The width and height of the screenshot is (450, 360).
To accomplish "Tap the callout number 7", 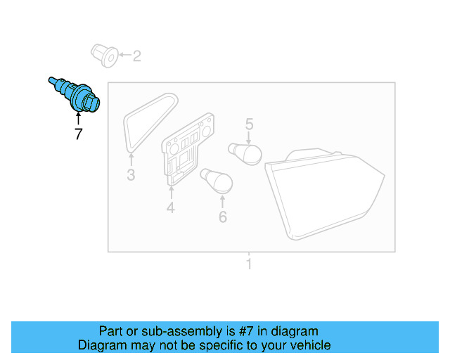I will [x=78, y=134].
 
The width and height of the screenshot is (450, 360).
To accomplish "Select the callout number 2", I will [x=136, y=56].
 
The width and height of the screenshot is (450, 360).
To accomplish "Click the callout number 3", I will [x=131, y=175].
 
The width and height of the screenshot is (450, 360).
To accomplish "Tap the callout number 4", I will [x=170, y=207].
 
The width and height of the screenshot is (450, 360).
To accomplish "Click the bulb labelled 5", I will [x=245, y=153].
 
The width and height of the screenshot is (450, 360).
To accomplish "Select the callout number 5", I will [x=249, y=125].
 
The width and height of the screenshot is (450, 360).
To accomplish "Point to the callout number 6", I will [x=222, y=217].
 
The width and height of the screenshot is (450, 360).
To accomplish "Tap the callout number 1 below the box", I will [x=248, y=265].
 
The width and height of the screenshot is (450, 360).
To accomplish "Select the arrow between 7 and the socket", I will [x=78, y=118].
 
